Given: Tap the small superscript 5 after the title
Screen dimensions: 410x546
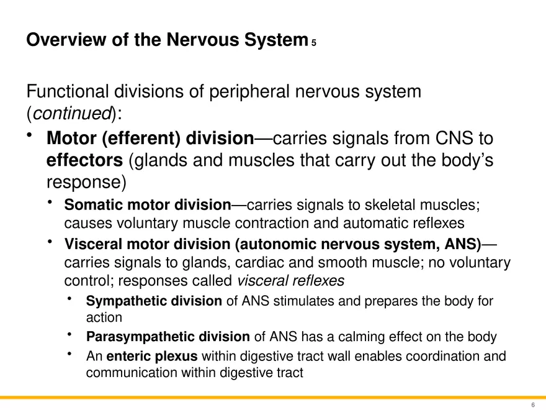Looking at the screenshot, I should (315, 43).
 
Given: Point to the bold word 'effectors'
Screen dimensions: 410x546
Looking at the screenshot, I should (85, 160).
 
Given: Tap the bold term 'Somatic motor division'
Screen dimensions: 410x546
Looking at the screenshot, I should (147, 205).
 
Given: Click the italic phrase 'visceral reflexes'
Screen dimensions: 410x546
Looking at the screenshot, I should (291, 281).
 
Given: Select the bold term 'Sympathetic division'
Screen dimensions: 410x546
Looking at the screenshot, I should (154, 302).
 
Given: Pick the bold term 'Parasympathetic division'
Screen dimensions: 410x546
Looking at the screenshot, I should (168, 337).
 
